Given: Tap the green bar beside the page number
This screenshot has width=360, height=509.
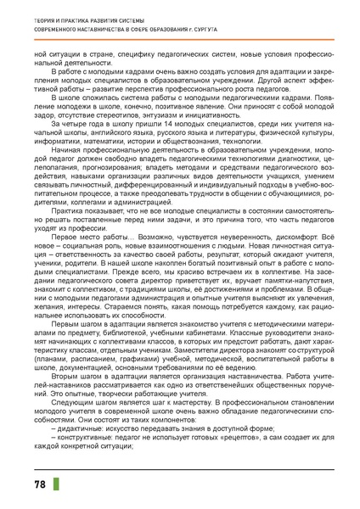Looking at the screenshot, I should [56, 484].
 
